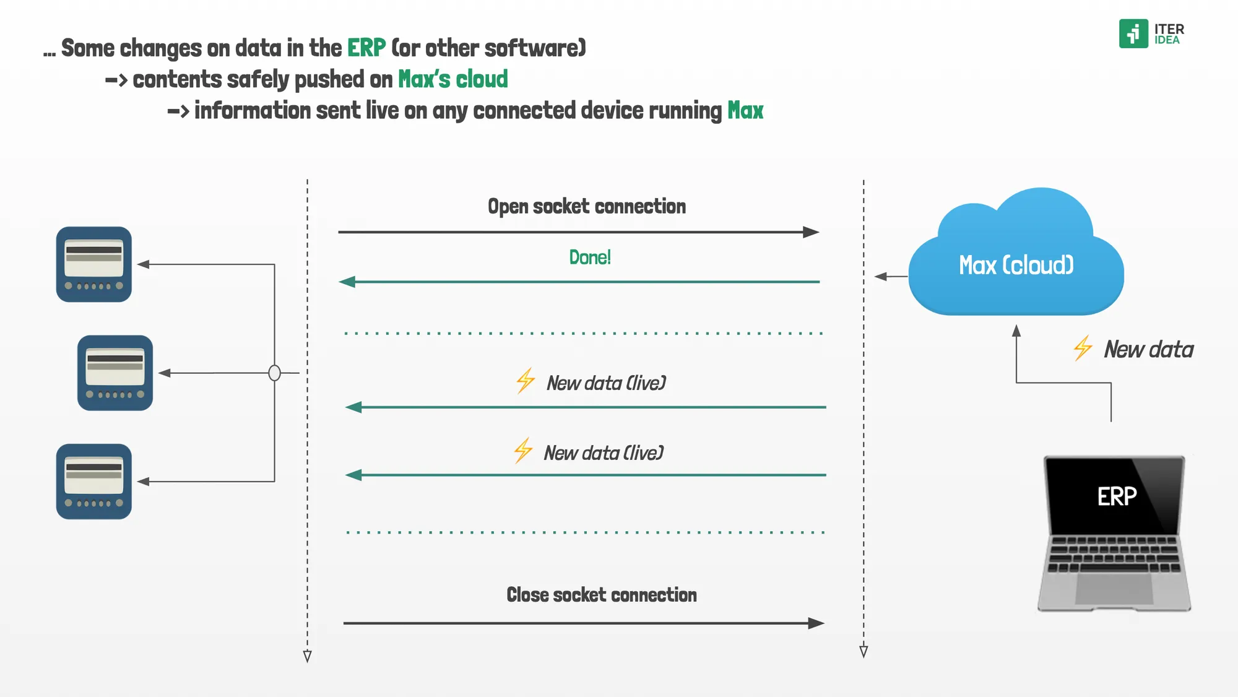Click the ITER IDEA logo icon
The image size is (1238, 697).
tap(1133, 33)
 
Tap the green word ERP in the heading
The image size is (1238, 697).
tap(366, 48)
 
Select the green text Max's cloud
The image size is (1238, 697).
tap(452, 79)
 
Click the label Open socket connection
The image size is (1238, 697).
tap(586, 206)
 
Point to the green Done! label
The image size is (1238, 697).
tap(590, 258)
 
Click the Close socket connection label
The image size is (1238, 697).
tap(601, 595)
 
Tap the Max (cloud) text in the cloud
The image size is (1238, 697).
tap(1016, 266)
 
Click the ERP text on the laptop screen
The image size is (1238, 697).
tap(1117, 496)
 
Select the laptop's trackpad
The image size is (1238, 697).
tap(1114, 589)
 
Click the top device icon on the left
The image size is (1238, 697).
tap(94, 264)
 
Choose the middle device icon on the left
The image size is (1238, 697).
tap(115, 373)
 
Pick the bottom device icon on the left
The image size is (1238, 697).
tap(94, 482)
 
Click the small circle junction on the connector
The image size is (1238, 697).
tap(274, 373)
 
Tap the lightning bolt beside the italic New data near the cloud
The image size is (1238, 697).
tap(1083, 348)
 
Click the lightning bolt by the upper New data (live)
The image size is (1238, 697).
tap(526, 381)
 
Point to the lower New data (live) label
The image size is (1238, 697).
tap(604, 453)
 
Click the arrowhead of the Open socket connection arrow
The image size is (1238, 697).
tap(811, 232)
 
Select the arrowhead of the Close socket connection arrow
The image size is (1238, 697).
tap(816, 623)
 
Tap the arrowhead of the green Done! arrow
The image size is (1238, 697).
tap(347, 282)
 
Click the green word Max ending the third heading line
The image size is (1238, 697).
tap(745, 111)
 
